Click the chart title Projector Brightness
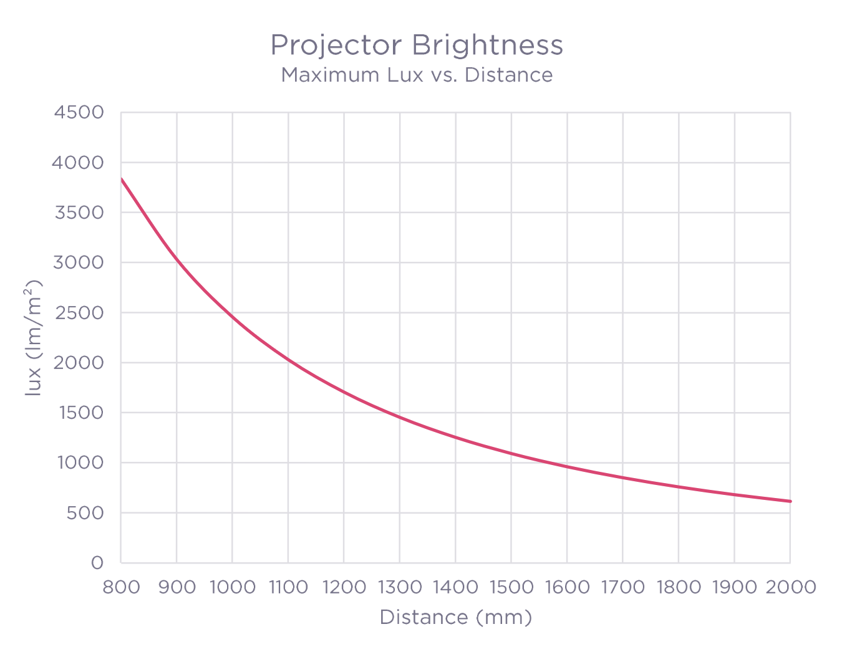[417, 45]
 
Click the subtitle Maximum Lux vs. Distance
[417, 75]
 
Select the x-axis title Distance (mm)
[455, 617]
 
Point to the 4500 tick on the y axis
[79, 113]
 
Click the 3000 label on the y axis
[79, 262]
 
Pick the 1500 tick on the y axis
[79, 413]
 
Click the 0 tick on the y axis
[97, 563]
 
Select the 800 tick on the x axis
[121, 587]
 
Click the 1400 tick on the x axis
[455, 587]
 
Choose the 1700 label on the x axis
[622, 587]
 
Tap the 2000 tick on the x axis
[790, 587]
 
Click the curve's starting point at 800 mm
[122, 179]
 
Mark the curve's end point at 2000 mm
[790, 501]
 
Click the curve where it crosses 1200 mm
[344, 392]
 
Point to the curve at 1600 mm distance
[567, 466]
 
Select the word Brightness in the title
[487, 45]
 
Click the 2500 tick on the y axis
[79, 313]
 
